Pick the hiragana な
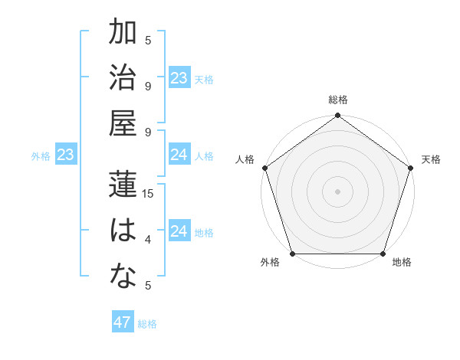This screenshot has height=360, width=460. [x=123, y=277]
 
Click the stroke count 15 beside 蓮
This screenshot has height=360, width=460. [x=148, y=194]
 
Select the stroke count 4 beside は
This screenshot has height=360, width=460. [x=147, y=240]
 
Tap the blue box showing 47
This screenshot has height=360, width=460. [x=122, y=322]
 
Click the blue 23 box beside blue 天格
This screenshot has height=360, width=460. [x=179, y=78]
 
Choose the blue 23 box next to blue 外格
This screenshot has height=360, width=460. [x=65, y=155]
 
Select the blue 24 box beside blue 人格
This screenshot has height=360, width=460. [x=179, y=155]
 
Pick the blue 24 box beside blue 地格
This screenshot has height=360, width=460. [x=179, y=232]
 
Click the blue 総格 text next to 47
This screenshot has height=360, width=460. [x=147, y=324]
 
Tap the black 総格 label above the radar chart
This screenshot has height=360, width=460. [x=337, y=100]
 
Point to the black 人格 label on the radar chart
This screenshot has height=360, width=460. [x=245, y=159]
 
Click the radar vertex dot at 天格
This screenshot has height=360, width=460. [x=410, y=168]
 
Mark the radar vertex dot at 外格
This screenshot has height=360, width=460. [x=293, y=254]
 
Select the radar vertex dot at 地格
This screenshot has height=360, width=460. [x=383, y=254]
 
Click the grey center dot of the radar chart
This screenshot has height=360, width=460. [x=337, y=191]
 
